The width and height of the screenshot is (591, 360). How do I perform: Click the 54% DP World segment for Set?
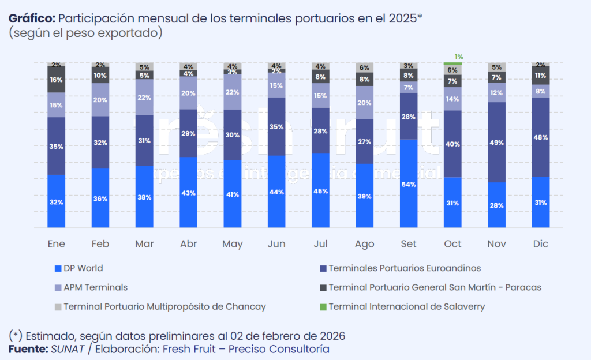pyautogui.click(x=409, y=184)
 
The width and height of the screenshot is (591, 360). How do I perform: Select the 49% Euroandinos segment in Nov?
pyautogui.click(x=497, y=142)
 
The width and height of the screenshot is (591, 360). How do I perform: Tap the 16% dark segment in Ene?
pyautogui.click(x=56, y=80)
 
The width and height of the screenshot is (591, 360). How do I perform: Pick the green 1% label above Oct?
pyautogui.click(x=459, y=57)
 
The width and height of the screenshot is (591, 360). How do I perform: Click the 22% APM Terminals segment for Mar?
pyautogui.click(x=144, y=97)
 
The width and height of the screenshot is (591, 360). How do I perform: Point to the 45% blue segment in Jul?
pyautogui.click(x=321, y=191)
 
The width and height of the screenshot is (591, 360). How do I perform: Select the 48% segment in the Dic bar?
pyautogui.click(x=541, y=137)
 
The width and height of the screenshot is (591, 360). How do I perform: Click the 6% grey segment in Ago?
pyautogui.click(x=365, y=67)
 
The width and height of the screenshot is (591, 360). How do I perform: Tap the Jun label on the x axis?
pyautogui.click(x=276, y=244)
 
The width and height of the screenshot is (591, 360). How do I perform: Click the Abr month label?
pyautogui.click(x=188, y=244)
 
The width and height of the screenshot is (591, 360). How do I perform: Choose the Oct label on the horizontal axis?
pyautogui.click(x=453, y=244)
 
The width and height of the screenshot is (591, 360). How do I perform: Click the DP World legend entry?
pyautogui.click(x=83, y=268)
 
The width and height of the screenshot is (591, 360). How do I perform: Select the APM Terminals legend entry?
pyautogui.click(x=95, y=287)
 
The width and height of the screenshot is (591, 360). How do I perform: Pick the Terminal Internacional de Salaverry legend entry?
pyautogui.click(x=406, y=306)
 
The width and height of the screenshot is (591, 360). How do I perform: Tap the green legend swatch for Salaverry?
pyautogui.click(x=323, y=306)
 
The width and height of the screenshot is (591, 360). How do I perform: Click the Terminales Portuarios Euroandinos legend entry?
pyautogui.click(x=404, y=268)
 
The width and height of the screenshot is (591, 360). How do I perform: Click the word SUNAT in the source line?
pyautogui.click(x=68, y=349)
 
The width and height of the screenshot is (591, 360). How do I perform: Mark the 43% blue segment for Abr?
pyautogui.click(x=188, y=193)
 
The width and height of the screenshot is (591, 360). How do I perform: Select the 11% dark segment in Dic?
pyautogui.click(x=541, y=76)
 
